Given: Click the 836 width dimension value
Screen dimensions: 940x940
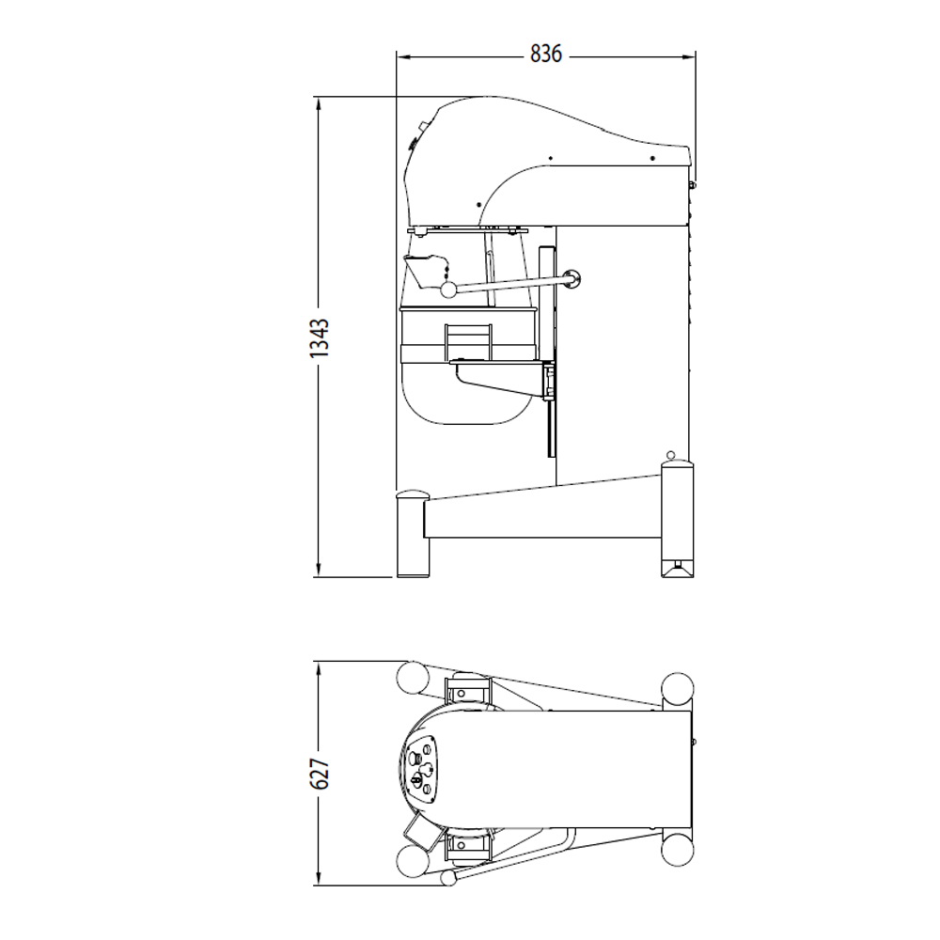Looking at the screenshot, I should pyautogui.click(x=545, y=55).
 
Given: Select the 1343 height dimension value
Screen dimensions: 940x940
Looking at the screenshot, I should pyautogui.click(x=320, y=337).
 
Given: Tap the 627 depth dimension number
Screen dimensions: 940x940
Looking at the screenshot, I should pyautogui.click(x=320, y=773).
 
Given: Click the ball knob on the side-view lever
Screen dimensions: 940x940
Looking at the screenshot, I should pyautogui.click(x=448, y=289).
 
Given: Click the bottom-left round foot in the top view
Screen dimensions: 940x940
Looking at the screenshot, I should pyautogui.click(x=411, y=859).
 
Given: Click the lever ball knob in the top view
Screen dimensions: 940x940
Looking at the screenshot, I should pyautogui.click(x=447, y=877).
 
